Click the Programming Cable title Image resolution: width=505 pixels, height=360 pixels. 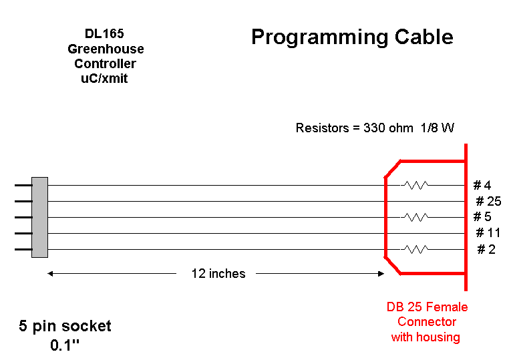pos(352,37)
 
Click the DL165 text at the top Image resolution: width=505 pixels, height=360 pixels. pos(104,33)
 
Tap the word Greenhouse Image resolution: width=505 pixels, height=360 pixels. pos(106,49)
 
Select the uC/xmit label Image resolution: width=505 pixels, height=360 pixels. pos(104,78)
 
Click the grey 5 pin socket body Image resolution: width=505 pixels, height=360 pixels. pos(39,217)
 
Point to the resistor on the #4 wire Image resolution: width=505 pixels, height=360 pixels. pos(416,185)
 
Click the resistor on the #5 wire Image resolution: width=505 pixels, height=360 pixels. pos(416,217)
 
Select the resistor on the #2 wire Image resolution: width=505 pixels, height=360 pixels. pos(416,249)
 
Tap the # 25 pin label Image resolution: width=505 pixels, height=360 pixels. pos(488,201)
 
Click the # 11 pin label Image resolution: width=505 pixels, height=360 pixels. pos(488,232)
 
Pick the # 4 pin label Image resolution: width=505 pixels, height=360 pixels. pos(482,185)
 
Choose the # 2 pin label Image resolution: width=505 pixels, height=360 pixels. pos(486,249)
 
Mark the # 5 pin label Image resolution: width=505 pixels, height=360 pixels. pos(482,216)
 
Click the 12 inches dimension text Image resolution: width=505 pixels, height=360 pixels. pos(218,274)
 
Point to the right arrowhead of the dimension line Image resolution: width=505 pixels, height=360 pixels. pos(381,274)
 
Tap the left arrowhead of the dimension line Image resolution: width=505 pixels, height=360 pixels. pos(50,274)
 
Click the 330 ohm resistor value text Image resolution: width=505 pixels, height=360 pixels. pos(388,128)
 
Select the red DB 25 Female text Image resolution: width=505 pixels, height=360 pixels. pos(427,307)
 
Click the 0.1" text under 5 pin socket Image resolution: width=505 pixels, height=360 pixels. pos(64,345)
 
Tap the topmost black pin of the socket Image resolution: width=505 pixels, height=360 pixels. pos(23,185)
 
